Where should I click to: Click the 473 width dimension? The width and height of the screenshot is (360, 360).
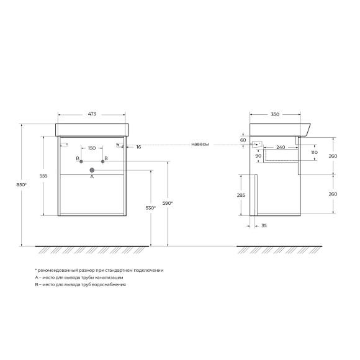coord(92,114)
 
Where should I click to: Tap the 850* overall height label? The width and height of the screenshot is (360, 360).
coord(21,184)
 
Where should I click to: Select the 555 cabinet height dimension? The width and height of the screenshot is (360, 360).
coord(43,176)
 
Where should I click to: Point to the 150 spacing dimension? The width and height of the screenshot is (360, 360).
coord(92,148)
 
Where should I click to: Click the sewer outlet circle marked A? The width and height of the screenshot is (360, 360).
coord(92,170)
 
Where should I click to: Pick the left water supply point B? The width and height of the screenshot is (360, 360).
coord(81,161)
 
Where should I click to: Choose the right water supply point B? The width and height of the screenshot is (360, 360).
coord(102,161)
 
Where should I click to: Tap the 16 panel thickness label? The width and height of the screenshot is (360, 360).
coord(138,147)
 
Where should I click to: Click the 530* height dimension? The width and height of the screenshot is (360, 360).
coord(151,208)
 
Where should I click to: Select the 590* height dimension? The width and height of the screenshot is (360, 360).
coord(168,203)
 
